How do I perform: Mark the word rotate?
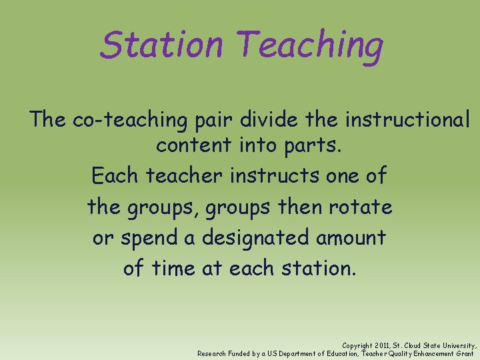[x=361, y=207]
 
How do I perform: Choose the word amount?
[x=353, y=237]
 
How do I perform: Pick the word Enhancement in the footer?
[x=430, y=353]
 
